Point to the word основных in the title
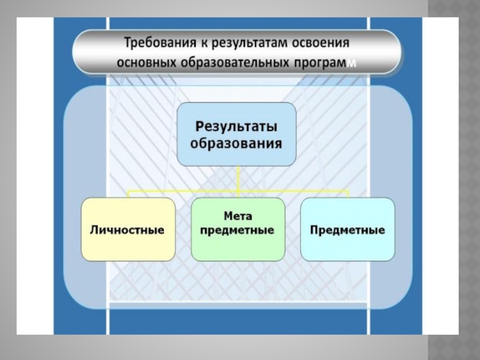pos(146,62)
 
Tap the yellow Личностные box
pos(128,229)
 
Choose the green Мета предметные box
pos(237,229)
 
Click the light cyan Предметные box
pos(347,229)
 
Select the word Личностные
pos(127,230)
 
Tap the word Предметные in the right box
pos(347,230)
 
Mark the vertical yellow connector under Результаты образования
pos(238,178)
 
